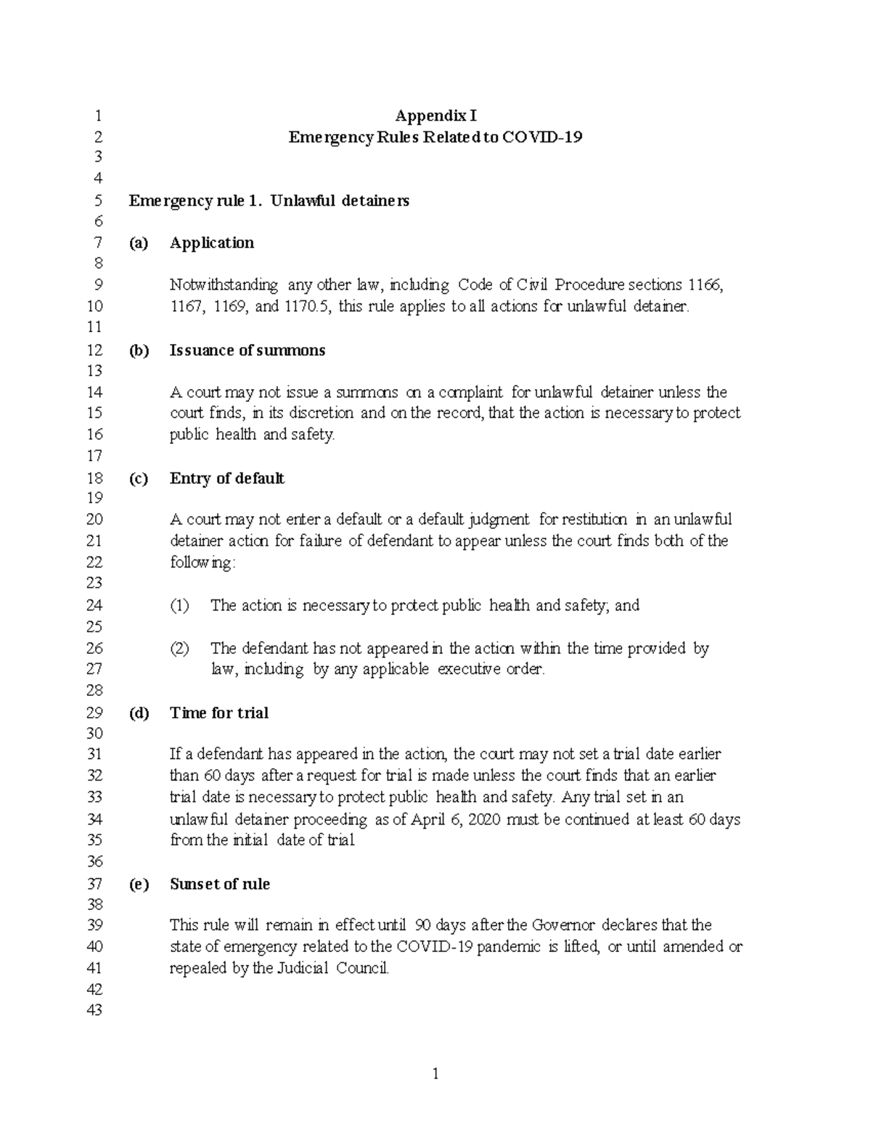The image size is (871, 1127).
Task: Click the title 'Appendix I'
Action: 435,115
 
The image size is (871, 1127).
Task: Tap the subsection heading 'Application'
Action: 211,243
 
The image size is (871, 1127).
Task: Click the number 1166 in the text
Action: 705,285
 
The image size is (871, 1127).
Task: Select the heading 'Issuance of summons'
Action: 247,351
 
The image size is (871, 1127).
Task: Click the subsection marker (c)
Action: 138,478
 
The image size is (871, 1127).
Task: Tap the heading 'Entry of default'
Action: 226,478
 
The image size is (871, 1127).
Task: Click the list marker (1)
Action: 179,605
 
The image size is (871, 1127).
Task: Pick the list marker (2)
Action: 179,648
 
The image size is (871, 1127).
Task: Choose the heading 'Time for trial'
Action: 218,713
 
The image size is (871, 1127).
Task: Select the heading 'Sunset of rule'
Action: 219,884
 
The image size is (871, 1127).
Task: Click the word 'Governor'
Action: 563,925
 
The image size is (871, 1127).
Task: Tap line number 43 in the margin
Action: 94,1010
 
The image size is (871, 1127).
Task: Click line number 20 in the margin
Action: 94,520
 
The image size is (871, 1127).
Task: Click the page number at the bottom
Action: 435,1075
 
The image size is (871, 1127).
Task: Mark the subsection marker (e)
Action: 138,884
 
